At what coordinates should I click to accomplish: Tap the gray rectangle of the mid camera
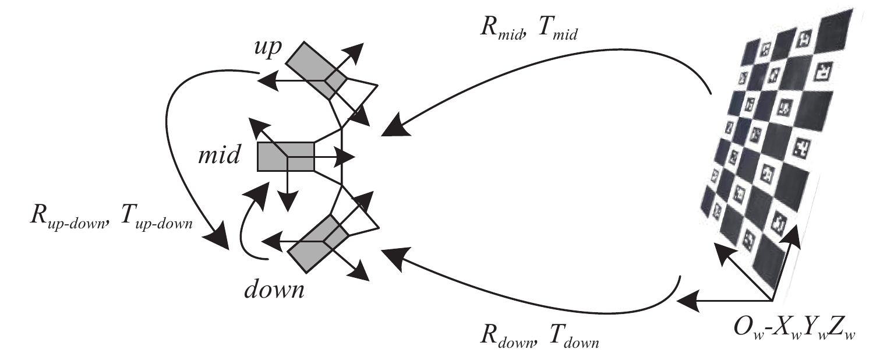click(x=285, y=157)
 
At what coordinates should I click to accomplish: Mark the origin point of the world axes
click(x=772, y=301)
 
